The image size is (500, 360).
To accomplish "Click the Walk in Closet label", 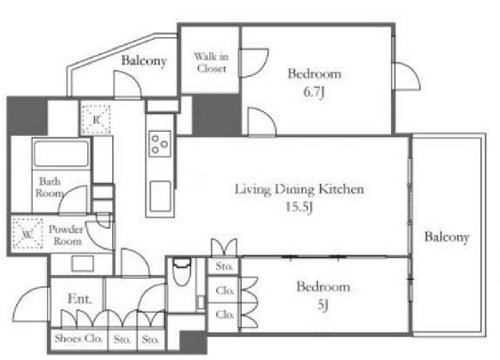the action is click(x=211, y=63).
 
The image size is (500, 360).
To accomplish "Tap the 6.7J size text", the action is click(x=314, y=93).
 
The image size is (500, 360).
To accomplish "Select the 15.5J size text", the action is click(x=299, y=207).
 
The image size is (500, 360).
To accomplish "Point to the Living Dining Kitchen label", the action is click(x=299, y=189).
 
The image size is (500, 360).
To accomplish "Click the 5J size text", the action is click(x=323, y=305).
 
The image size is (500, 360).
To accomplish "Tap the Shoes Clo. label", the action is click(x=78, y=339).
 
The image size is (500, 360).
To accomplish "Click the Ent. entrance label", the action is click(x=80, y=299).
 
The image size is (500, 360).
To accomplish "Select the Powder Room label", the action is click(x=66, y=235).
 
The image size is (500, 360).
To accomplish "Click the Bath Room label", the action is click(x=49, y=187).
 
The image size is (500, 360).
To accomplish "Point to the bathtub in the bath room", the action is click(x=61, y=153).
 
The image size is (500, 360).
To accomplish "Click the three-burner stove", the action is click(x=160, y=144).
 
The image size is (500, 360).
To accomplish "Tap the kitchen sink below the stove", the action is click(x=160, y=197).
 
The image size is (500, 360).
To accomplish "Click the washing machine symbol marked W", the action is click(x=27, y=234).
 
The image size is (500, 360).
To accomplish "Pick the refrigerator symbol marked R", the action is click(x=96, y=120).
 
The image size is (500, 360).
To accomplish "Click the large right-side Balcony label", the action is click(x=447, y=237).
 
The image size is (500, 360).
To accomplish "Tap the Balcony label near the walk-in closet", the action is click(x=144, y=61).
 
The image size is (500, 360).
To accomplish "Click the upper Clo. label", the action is click(x=225, y=291).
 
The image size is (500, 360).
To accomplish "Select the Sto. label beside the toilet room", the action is click(x=224, y=266).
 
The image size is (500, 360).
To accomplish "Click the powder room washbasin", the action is click(x=83, y=264).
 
